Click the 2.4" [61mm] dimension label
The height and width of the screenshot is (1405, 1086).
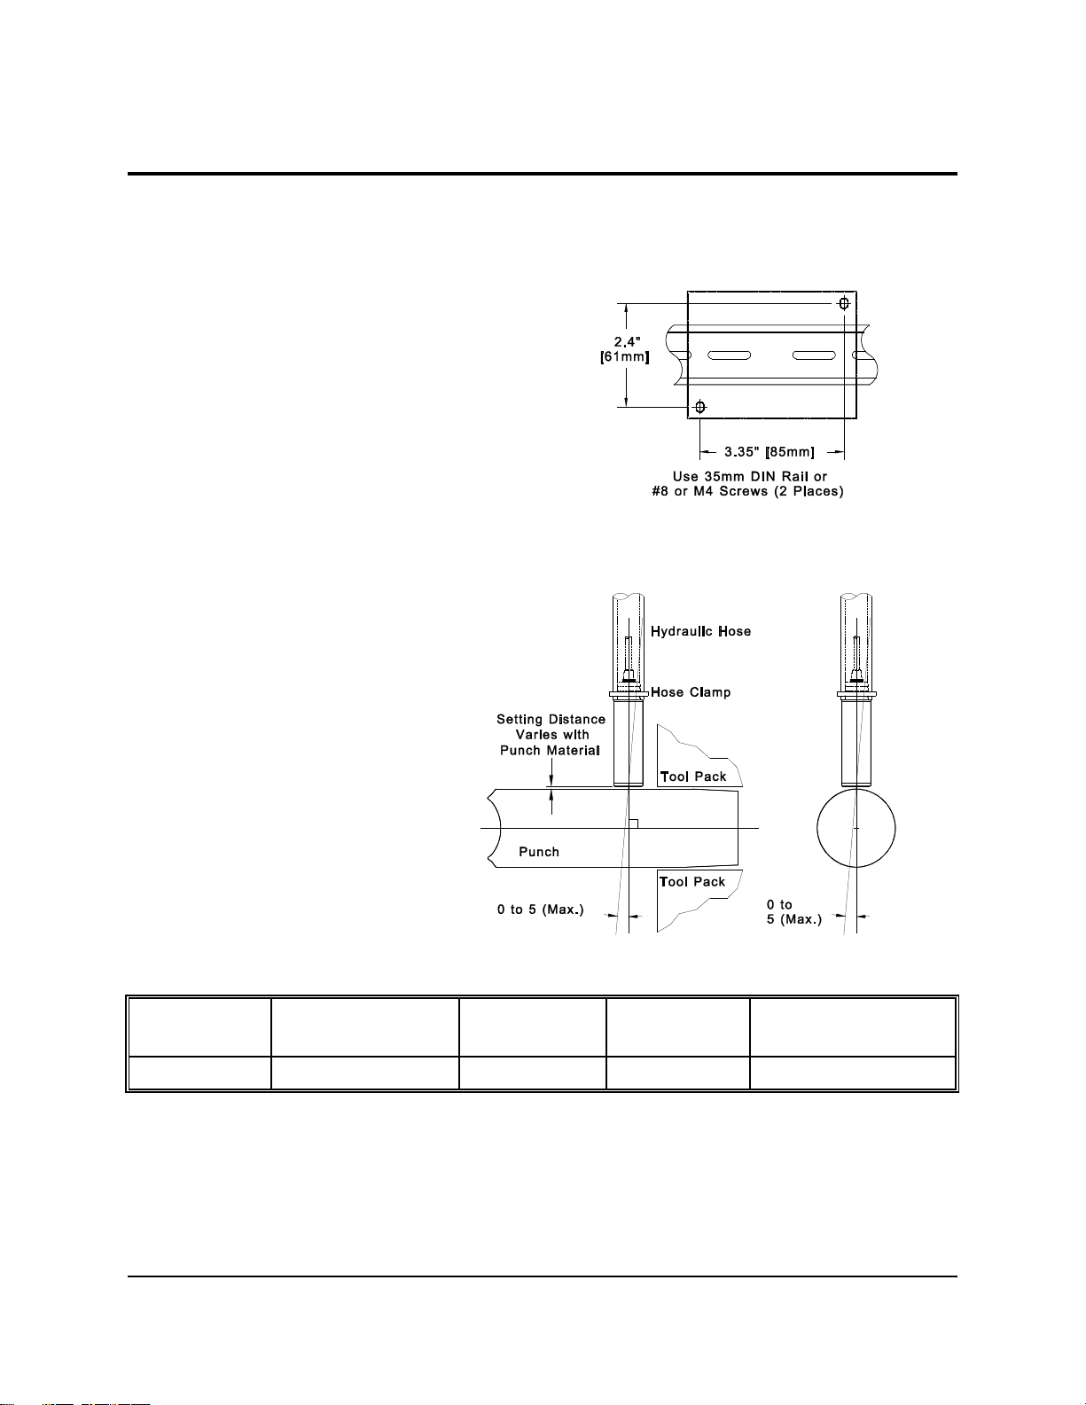click(624, 349)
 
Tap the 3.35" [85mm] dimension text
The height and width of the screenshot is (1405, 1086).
click(770, 452)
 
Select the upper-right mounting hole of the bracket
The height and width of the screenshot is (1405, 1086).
click(844, 303)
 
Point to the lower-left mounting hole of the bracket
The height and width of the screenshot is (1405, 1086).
click(699, 408)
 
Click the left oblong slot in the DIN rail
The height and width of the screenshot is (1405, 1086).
click(729, 355)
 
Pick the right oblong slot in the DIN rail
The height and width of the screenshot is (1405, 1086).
click(814, 355)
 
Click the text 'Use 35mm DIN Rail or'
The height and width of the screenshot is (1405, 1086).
click(750, 477)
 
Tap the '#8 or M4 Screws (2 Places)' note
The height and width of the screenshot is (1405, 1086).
click(748, 491)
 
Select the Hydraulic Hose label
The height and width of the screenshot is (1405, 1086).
click(700, 631)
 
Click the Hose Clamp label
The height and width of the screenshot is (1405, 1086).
click(691, 692)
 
